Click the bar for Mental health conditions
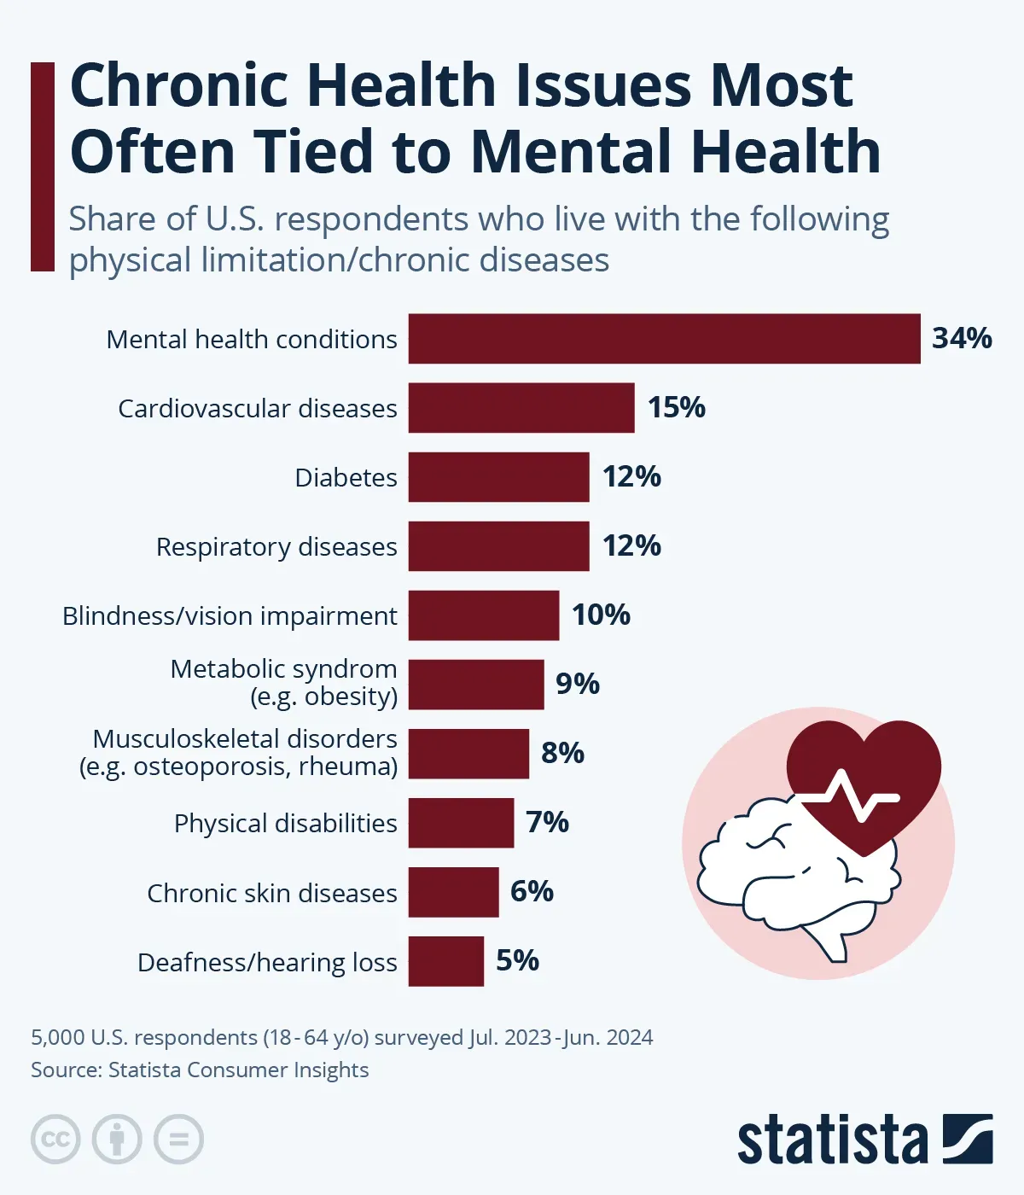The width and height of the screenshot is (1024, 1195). coord(664,339)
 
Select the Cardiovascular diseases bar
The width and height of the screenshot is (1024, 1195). coord(521,408)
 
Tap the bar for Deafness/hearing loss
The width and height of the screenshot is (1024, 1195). coord(445,961)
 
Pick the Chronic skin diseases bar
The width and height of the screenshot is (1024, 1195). coord(453,892)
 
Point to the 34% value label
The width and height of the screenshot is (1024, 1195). coord(962,339)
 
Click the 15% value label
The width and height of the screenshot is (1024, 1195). coord(676,408)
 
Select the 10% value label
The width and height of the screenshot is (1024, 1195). coord(601,615)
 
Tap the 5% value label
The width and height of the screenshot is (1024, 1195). coord(517,961)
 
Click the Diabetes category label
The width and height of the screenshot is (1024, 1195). coord(346,477)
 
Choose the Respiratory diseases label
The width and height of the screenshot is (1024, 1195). coord(276,546)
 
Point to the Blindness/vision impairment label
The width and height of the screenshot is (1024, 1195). coord(230,615)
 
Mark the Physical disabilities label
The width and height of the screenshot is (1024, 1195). coord(285,823)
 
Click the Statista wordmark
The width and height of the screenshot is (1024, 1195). coord(832,1139)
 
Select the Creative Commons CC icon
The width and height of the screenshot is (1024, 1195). coord(55,1140)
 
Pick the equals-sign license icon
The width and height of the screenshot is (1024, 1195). coord(178,1140)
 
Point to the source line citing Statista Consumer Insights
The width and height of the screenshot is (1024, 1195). coord(200,1070)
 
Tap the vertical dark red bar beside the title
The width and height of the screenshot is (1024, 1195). coord(42,166)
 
